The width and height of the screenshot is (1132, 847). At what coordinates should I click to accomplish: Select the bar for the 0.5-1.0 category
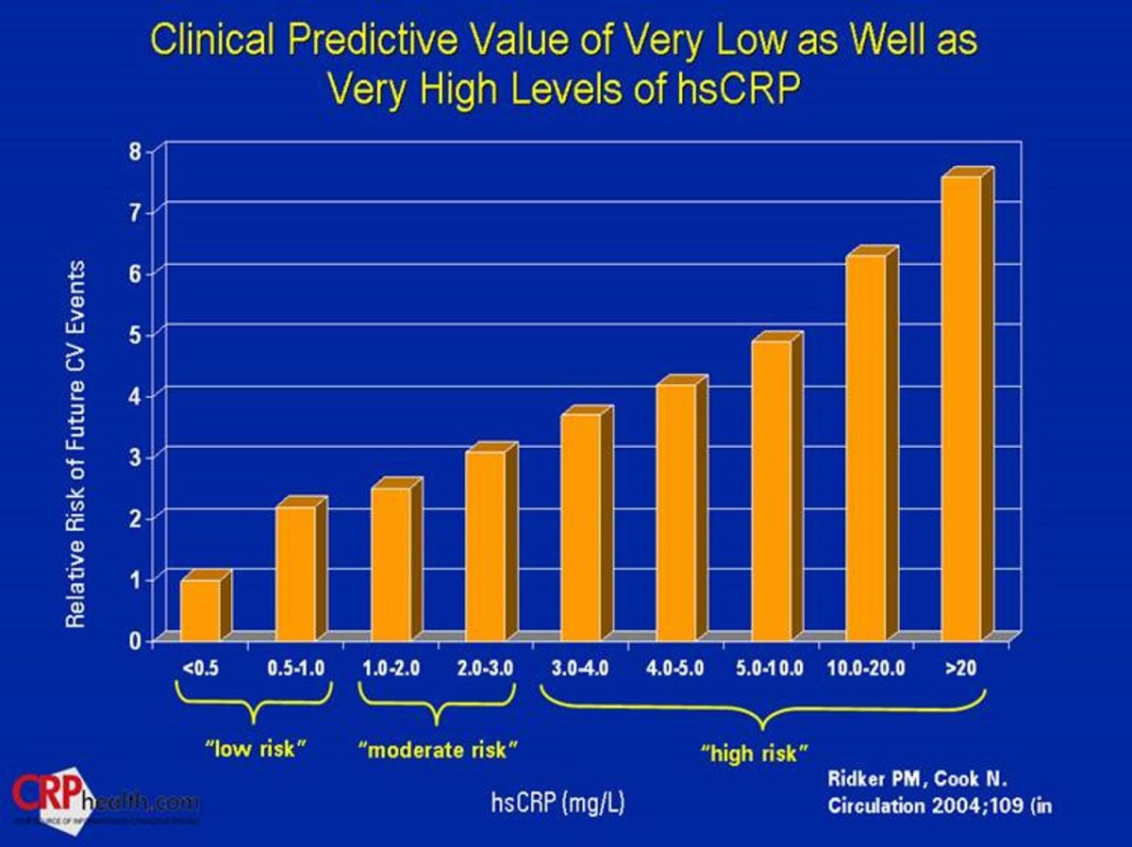click(x=295, y=573)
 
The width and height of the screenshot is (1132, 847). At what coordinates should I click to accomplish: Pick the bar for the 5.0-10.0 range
click(x=771, y=490)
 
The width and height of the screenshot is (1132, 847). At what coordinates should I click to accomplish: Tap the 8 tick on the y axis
click(x=135, y=151)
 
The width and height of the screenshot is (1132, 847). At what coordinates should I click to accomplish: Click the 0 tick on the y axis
click(x=135, y=642)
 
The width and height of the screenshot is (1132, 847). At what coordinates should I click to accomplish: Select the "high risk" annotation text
click(x=755, y=754)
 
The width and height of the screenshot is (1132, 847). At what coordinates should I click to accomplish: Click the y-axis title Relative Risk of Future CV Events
click(x=76, y=443)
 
